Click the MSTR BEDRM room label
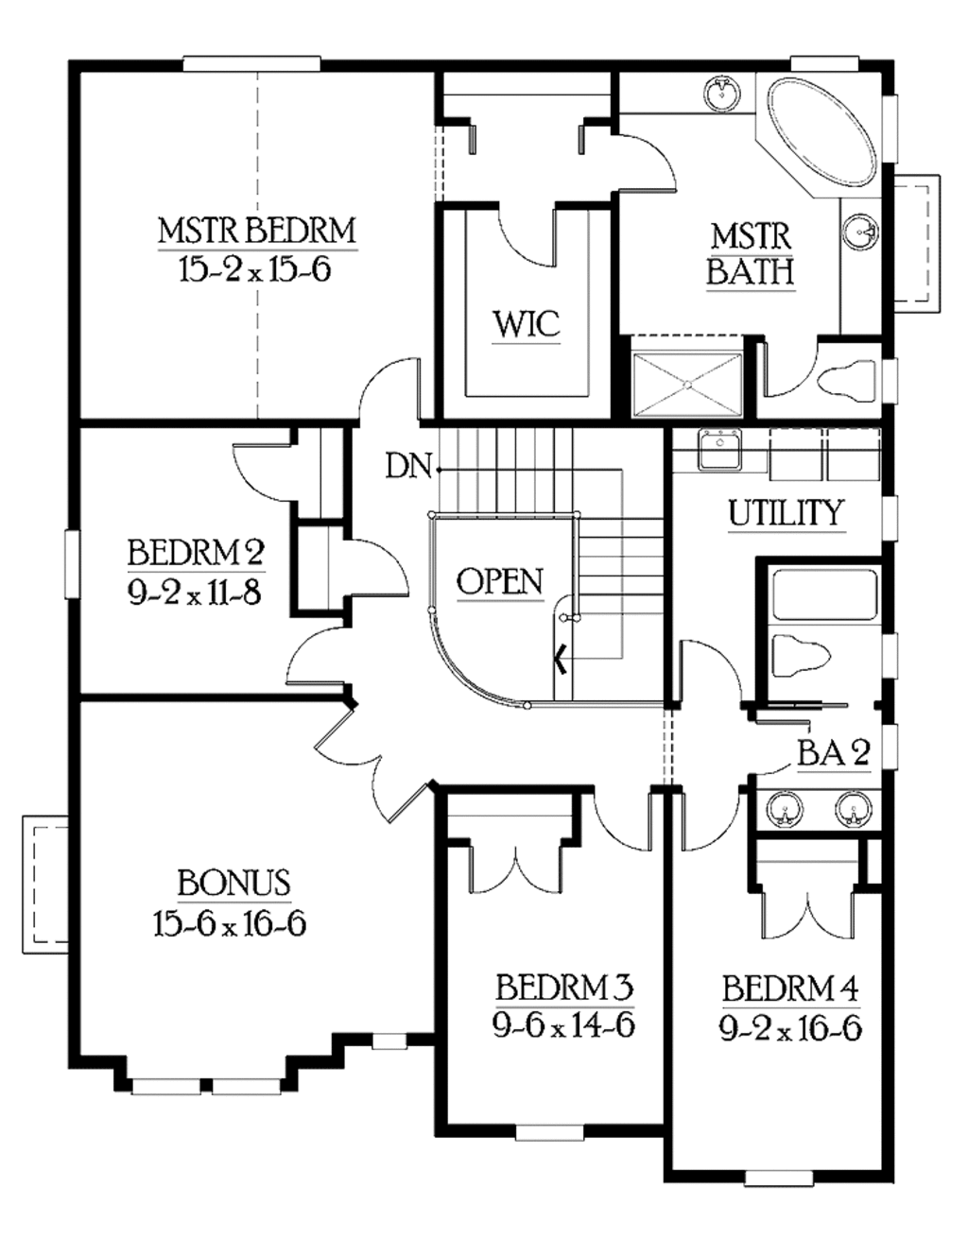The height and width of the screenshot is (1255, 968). [x=256, y=231]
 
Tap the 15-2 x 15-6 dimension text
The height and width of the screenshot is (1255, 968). [x=254, y=270]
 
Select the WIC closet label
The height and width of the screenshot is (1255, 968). [x=526, y=325]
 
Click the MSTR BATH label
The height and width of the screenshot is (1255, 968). [x=750, y=253]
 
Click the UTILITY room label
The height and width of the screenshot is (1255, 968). [x=785, y=513]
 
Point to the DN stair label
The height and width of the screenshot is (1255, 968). [x=408, y=466]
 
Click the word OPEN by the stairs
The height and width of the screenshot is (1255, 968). [x=499, y=581]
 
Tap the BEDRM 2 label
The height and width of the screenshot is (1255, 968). [x=196, y=552]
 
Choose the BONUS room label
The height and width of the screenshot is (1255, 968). [x=233, y=883]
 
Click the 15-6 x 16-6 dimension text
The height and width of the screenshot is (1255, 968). [x=230, y=923]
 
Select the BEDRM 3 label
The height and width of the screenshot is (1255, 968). [x=563, y=989]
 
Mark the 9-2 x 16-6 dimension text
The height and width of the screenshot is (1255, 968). [x=790, y=1029]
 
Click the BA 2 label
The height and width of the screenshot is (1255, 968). [x=833, y=753]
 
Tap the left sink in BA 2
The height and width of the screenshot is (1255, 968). [x=784, y=810]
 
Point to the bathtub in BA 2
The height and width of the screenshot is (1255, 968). [x=823, y=595]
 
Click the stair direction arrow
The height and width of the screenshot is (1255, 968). [x=561, y=659]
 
